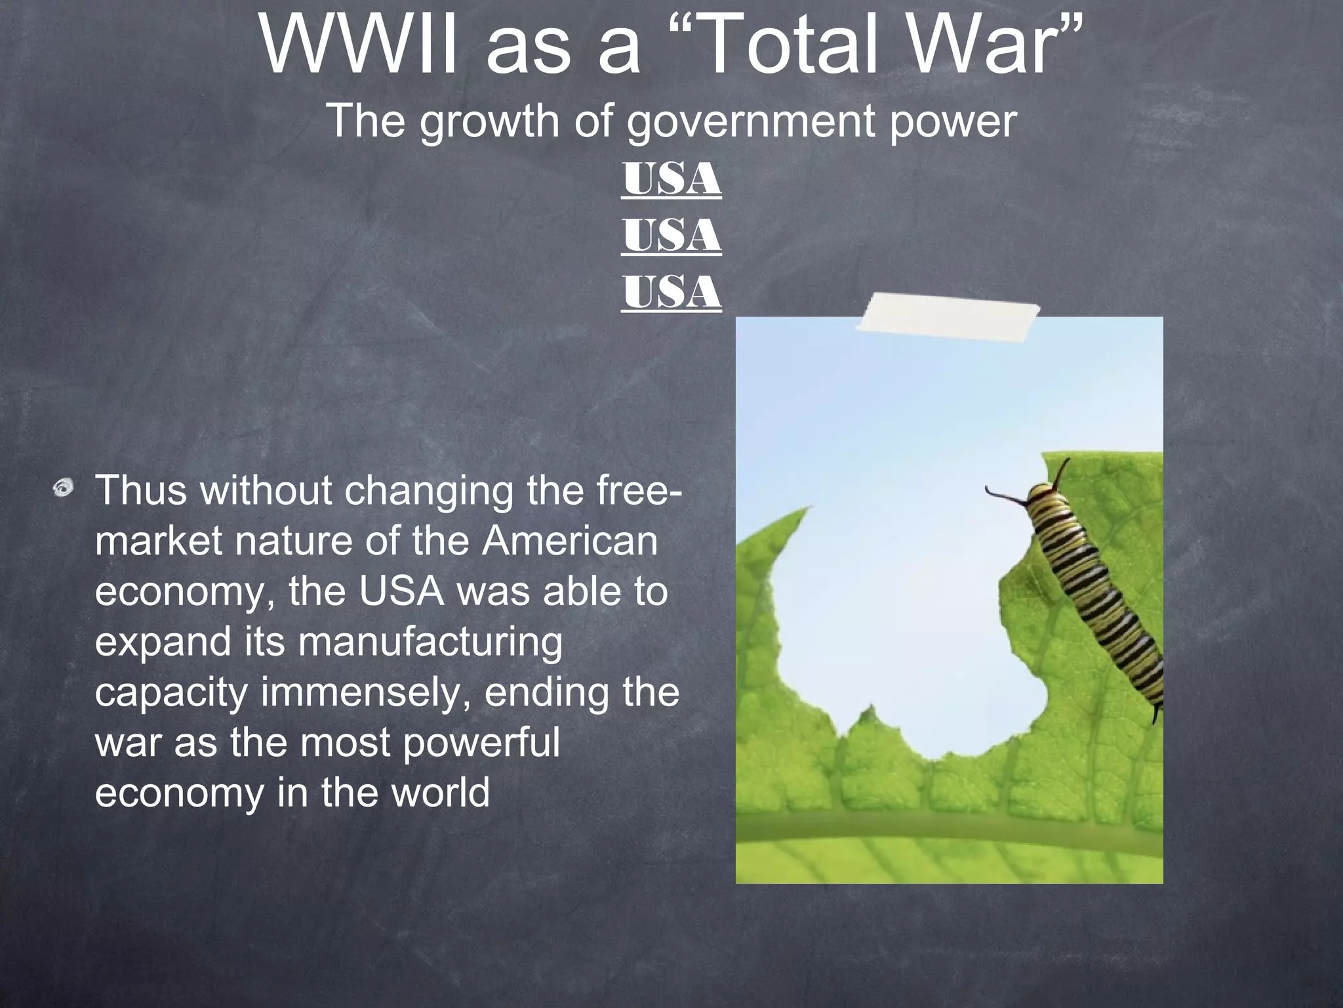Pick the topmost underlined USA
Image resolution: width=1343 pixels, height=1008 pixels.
coord(671,179)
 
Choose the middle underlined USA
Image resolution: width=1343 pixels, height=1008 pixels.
coord(671,236)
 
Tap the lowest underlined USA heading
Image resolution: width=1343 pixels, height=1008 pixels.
coord(671,292)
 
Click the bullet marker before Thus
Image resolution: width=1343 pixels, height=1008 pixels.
coord(64,488)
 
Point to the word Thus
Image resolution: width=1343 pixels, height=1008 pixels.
coord(142,490)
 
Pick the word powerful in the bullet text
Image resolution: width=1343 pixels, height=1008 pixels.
coord(481,743)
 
